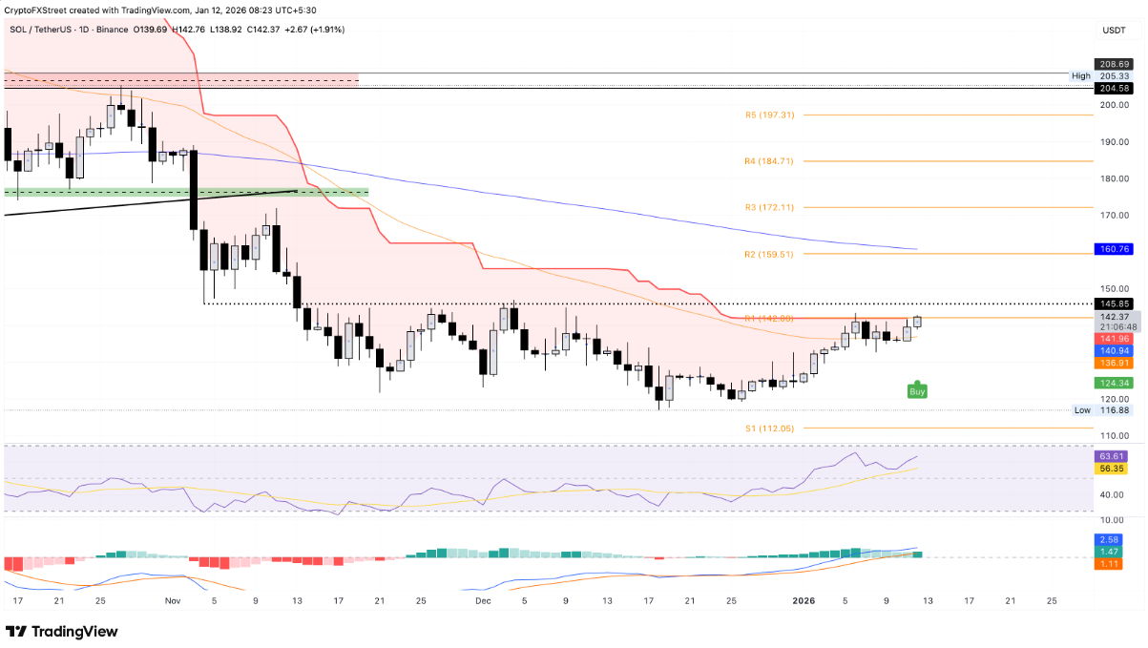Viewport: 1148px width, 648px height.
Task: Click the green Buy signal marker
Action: point(917,390)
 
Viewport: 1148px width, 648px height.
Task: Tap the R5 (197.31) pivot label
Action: point(769,115)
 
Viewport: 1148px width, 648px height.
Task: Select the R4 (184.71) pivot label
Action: point(769,161)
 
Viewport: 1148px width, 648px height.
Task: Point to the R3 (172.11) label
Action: point(769,207)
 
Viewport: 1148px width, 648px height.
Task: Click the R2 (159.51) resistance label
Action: point(769,254)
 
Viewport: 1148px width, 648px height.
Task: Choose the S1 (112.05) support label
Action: point(769,429)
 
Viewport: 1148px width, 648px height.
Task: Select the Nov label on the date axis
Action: point(173,601)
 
